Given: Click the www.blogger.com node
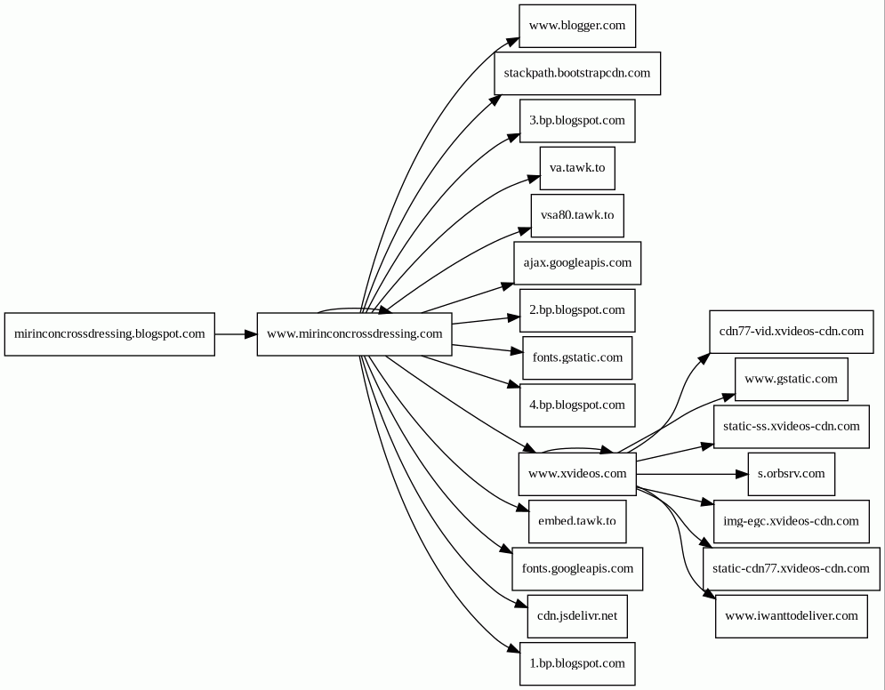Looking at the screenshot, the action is click(x=577, y=26).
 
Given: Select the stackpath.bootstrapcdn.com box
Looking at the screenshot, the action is click(x=577, y=73).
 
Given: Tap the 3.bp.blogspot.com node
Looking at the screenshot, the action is click(x=577, y=121).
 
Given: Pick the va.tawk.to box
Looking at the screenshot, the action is click(x=577, y=168).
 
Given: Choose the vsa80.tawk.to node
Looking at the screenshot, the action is click(x=577, y=215).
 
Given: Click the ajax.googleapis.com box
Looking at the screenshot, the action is click(x=577, y=263).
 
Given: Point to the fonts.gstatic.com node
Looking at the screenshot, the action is click(x=577, y=357).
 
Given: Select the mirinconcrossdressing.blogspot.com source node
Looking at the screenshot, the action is click(x=109, y=334).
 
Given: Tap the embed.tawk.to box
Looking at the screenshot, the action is click(x=577, y=521).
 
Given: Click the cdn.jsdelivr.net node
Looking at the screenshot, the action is click(x=577, y=616).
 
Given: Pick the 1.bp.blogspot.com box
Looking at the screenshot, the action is click(x=577, y=663).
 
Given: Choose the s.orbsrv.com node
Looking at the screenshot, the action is click(x=792, y=474).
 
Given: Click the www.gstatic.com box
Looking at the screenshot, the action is click(x=792, y=379).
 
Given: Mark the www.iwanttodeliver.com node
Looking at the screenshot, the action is click(x=792, y=616).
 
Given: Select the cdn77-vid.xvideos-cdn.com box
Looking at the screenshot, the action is click(x=792, y=332).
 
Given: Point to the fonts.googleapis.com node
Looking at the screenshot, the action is click(x=577, y=569).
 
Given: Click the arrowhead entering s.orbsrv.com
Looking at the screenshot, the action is click(x=742, y=474).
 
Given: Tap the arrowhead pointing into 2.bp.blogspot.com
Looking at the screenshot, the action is click(x=513, y=318).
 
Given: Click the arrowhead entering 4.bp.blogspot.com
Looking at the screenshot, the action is click(x=513, y=385).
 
